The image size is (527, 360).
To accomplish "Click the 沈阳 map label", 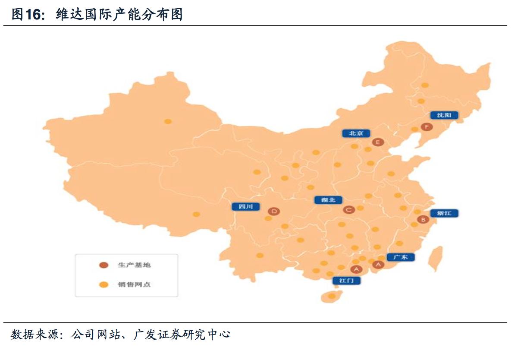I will (444, 115).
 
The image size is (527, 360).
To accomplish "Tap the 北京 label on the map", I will (356, 133).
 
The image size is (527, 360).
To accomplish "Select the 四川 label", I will (246, 206).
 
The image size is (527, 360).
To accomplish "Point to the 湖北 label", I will (328, 200).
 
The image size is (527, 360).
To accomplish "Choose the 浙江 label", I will (444, 213).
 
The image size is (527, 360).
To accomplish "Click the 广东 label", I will (400, 257).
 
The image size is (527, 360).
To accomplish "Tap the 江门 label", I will (346, 280).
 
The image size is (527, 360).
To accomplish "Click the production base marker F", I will (427, 127).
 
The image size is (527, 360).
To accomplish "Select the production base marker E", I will (378, 142).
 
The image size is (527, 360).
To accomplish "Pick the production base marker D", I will (273, 211).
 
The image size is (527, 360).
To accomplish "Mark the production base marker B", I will (423, 220).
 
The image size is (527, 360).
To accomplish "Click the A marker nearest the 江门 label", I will (356, 270).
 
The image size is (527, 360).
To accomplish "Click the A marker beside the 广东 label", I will (378, 265).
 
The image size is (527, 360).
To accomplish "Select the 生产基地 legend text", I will (134, 265).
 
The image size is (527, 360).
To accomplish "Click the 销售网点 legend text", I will (134, 284).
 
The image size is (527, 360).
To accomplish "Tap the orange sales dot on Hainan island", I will (331, 296).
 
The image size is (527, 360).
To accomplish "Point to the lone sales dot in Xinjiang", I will (168, 121).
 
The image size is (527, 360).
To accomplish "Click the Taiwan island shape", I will (436, 258).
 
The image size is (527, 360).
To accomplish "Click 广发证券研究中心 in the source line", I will (182, 335).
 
